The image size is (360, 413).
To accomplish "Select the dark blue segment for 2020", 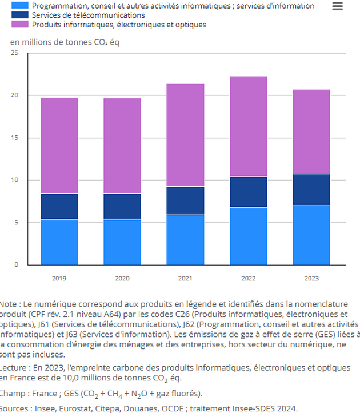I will pos(122,207).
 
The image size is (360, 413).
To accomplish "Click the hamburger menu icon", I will pos(337,6).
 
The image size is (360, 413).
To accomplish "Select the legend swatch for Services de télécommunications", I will pos(19,15).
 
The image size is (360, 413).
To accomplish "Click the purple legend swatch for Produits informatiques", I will pos(19,25).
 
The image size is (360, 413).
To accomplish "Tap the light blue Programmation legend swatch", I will pos(19,5).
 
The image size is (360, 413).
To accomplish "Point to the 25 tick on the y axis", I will pos(14,53).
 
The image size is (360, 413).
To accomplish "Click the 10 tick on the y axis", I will pos(14,180).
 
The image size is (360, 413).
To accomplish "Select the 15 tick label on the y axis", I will pos(14,138).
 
